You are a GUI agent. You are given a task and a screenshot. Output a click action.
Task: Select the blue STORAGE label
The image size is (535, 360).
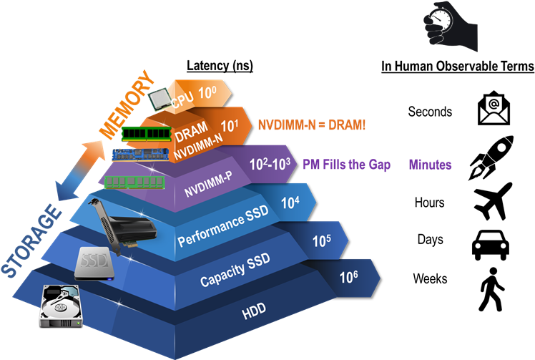(x=29, y=240)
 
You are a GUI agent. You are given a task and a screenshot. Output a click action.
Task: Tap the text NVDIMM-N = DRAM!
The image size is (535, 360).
(x=311, y=125)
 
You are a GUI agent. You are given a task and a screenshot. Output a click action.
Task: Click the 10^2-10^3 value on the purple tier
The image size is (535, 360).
(x=270, y=164)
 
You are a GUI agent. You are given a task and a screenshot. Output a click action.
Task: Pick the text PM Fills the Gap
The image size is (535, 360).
(x=346, y=165)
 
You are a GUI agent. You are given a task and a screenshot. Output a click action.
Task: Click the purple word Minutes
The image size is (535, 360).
(x=430, y=165)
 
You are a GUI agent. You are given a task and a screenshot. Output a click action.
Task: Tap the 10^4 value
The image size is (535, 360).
(x=290, y=203)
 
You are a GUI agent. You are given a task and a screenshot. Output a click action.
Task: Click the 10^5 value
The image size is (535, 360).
(x=321, y=241)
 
